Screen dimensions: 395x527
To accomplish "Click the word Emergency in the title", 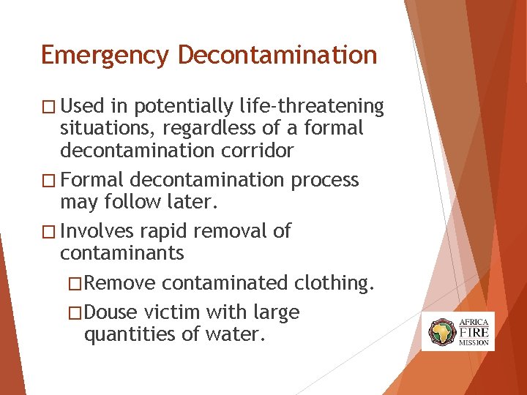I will tap(105, 56).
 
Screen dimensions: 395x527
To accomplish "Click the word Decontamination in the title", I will tap(277, 56).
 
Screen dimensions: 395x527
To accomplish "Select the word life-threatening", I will tap(312, 107).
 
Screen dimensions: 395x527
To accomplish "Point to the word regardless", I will tap(196, 129).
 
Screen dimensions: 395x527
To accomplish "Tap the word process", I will tap(325, 180).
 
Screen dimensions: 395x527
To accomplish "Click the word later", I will tap(178, 202).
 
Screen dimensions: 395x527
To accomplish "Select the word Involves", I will tap(97, 231).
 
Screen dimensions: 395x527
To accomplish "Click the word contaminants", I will tap(122, 253).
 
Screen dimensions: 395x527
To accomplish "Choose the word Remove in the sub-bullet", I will tap(124, 283).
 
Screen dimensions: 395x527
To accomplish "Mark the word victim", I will tap(173, 312).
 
